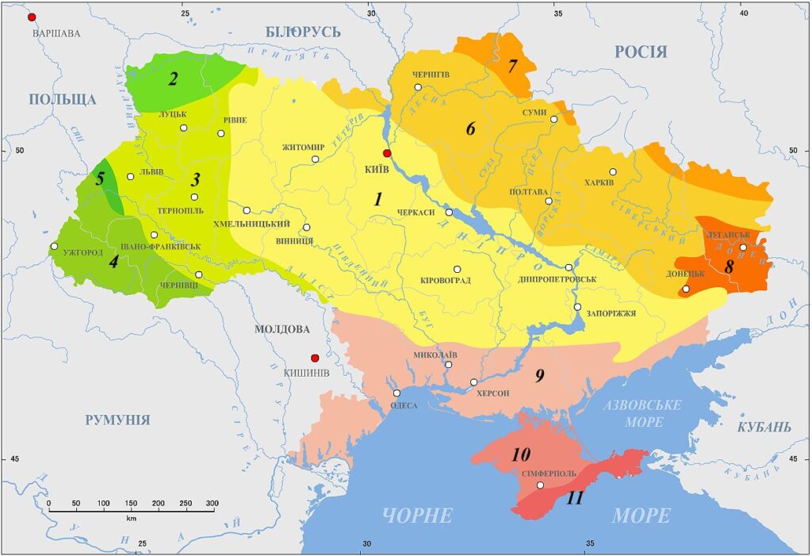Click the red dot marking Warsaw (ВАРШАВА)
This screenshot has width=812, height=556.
coord(32,17)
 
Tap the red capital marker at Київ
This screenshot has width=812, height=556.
coord(387,153)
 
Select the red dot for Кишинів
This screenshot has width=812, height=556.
coord(315,358)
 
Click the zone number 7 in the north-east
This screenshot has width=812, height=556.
coord(512,65)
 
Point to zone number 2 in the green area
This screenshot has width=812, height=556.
coord(171,78)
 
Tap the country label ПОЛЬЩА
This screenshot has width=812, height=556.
coord(63,99)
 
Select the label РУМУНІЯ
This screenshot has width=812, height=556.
coord(117,420)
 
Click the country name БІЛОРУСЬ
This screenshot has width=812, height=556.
coord(303,32)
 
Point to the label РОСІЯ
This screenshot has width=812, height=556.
coord(641,52)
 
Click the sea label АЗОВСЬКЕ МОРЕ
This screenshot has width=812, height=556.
coord(642,413)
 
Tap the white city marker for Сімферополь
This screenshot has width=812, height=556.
coord(540,485)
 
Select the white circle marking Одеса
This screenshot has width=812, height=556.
coord(396,393)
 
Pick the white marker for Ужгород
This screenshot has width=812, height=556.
coord(53,247)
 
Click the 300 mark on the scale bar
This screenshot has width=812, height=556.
coord(212,503)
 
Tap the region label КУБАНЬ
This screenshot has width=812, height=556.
coord(764,428)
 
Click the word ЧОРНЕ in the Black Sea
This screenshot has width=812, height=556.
coord(417,516)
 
